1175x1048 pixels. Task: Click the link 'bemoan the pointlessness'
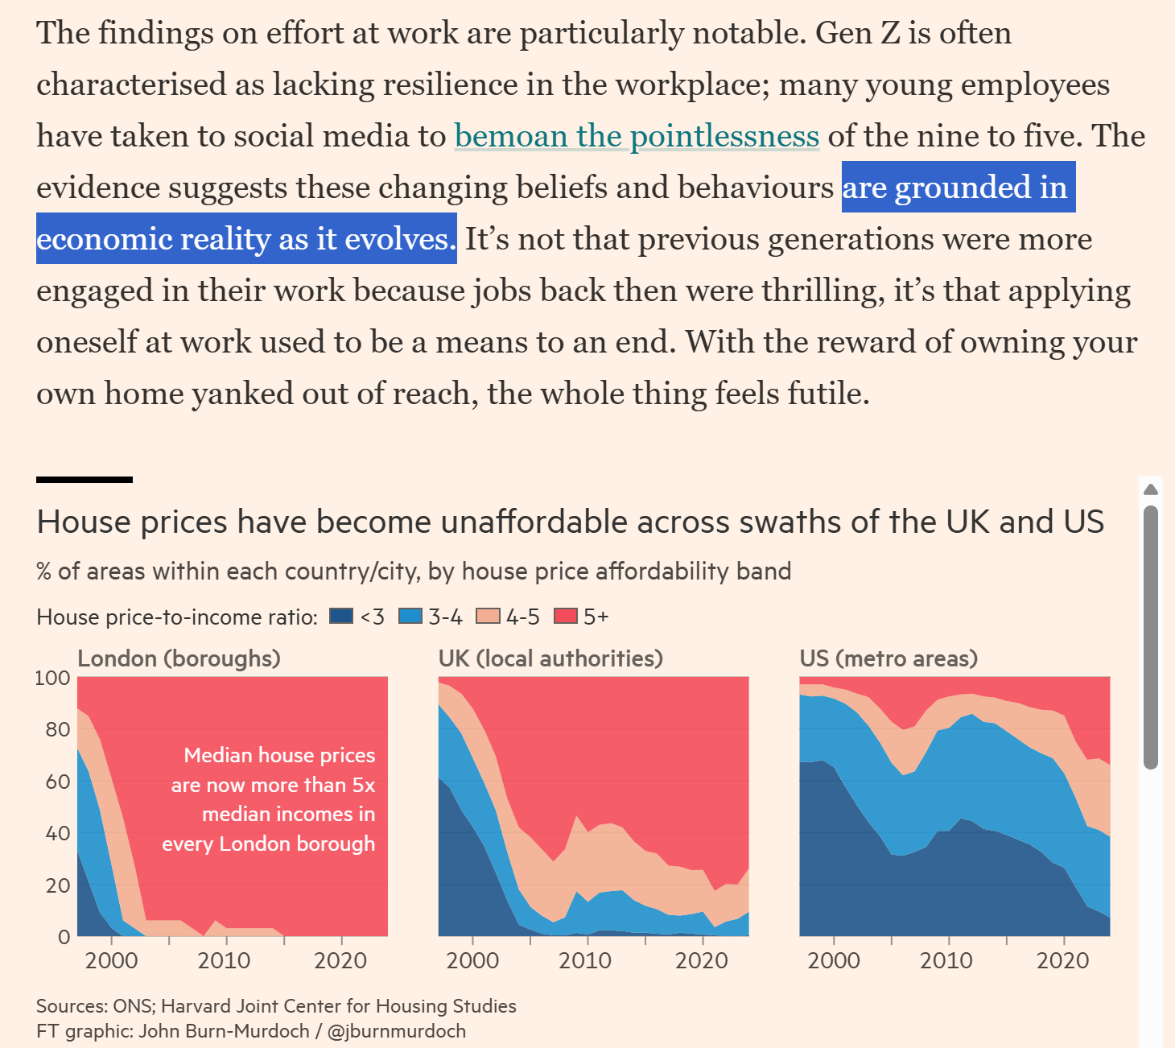pyautogui.click(x=637, y=136)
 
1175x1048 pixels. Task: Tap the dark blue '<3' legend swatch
pyautogui.click(x=341, y=617)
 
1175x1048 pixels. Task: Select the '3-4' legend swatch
pyautogui.click(x=410, y=617)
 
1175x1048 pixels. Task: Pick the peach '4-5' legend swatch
pyautogui.click(x=488, y=617)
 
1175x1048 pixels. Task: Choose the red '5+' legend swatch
pyautogui.click(x=566, y=617)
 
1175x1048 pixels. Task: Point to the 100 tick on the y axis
pyautogui.click(x=52, y=678)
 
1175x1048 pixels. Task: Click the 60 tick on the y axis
pyautogui.click(x=59, y=782)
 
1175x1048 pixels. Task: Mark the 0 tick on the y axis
pyautogui.click(x=64, y=937)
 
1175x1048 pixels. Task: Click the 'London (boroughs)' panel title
pyautogui.click(x=179, y=658)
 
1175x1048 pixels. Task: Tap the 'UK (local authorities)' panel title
pyautogui.click(x=550, y=658)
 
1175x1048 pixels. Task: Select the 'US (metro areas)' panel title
pyautogui.click(x=888, y=658)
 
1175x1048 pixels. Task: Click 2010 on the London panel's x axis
pyautogui.click(x=224, y=960)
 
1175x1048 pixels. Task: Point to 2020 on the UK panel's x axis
pyautogui.click(x=701, y=960)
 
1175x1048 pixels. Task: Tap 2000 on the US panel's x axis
pyautogui.click(x=833, y=960)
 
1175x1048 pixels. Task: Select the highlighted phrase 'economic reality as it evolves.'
pyautogui.click(x=246, y=239)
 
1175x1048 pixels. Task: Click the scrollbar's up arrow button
pyautogui.click(x=1151, y=489)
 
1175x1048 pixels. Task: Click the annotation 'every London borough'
pyautogui.click(x=268, y=844)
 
